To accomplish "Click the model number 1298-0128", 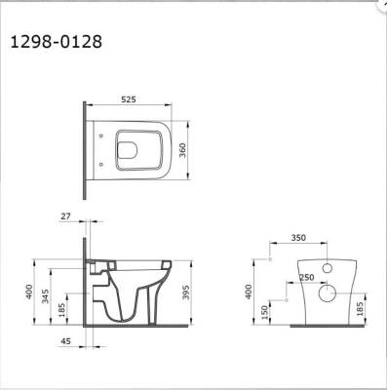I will pyautogui.click(x=54, y=42).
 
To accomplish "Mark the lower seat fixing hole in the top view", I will pyautogui.click(x=101, y=162).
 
